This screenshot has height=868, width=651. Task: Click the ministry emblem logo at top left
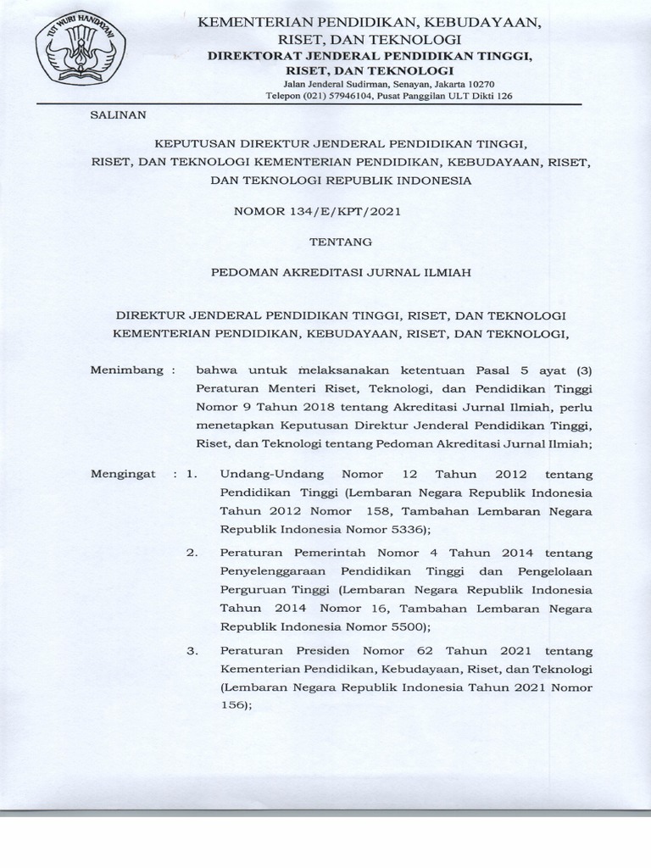click(81, 53)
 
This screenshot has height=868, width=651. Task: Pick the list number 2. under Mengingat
click(192, 552)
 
